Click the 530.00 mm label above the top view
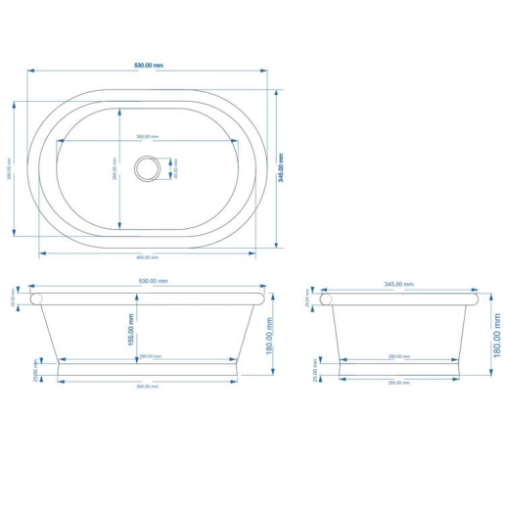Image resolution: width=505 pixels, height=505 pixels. [149, 66]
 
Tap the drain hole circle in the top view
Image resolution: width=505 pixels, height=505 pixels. [147, 167]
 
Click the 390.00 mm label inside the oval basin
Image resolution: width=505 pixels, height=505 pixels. [147, 136]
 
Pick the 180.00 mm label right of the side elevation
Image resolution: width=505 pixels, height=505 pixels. [496, 333]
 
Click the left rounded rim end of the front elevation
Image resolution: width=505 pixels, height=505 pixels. [36, 298]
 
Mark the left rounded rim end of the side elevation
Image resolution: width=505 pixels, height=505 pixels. [330, 298]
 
